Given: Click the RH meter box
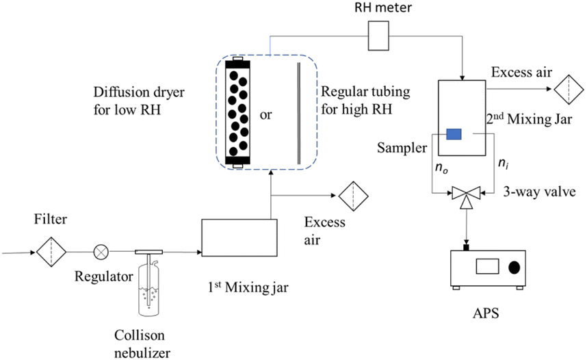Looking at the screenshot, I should tap(379, 36).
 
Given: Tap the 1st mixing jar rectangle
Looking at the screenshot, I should tap(239, 238).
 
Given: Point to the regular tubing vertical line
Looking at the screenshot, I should tap(298, 113).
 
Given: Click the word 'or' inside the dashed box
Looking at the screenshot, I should tap(266, 115).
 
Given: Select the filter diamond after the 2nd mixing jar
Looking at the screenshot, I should tap(567, 89).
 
